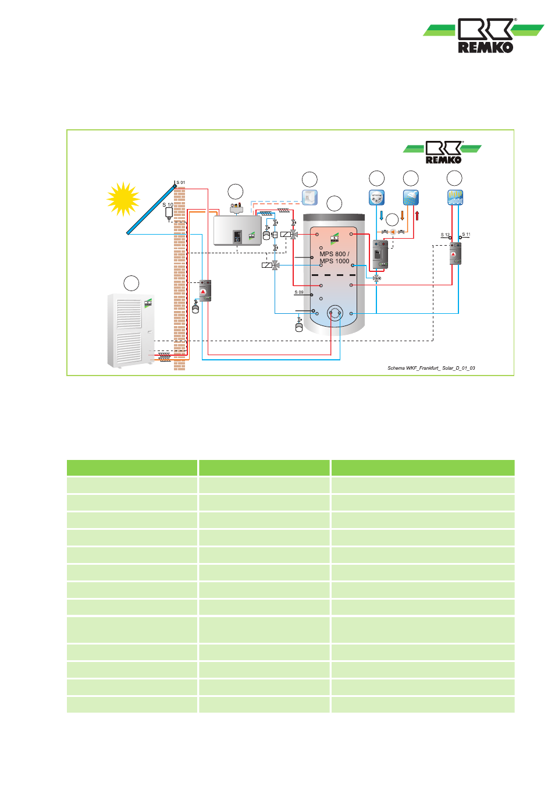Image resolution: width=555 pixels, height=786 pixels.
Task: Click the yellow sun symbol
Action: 123,199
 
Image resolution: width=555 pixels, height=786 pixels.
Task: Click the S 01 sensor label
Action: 181,183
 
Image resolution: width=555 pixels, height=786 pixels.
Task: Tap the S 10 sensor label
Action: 168,205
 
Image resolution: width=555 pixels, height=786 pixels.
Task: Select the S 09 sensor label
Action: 299,292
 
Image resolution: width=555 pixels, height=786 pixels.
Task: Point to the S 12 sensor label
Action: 445,235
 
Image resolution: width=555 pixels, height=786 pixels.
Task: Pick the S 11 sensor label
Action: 466,234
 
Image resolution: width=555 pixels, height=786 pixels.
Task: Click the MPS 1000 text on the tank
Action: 335,261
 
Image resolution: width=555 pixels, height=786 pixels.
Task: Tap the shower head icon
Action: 411,197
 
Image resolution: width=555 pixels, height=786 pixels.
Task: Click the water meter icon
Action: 377,197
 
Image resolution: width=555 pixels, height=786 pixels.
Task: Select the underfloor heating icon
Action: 454,197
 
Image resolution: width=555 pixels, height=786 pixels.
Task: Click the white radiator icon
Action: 309,197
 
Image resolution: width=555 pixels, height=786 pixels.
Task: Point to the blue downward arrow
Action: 382,216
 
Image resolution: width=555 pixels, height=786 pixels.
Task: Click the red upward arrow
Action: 417,216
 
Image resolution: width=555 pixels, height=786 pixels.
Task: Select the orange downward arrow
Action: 402,216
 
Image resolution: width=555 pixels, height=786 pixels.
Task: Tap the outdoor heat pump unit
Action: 130,331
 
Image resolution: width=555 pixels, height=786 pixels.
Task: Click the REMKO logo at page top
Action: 485,36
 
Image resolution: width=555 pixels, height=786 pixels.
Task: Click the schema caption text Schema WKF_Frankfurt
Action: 431,368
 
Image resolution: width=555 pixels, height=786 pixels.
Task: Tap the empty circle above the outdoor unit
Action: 131,283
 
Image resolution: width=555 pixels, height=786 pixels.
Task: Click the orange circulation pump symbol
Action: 393,232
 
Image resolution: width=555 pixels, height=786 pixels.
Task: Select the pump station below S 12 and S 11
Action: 456,254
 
